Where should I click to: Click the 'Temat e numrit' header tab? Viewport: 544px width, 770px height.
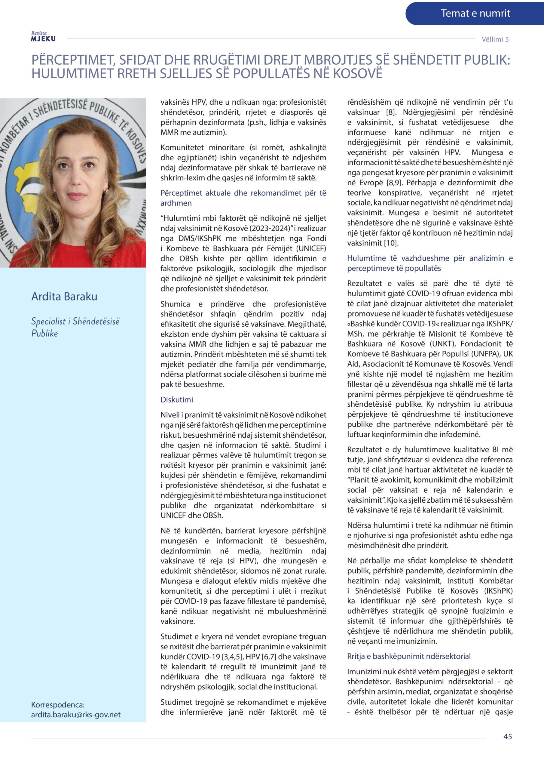pyautogui.click(x=475, y=14)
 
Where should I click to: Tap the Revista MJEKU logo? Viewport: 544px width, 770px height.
pyautogui.click(x=43, y=37)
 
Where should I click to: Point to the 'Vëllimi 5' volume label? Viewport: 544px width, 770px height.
pyautogui.click(x=495, y=39)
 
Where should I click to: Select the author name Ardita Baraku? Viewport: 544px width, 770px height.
pyautogui.click(x=64, y=297)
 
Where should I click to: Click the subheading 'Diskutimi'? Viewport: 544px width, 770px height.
pyautogui.click(x=177, y=399)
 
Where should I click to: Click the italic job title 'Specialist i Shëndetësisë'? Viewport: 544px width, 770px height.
pyautogui.click(x=75, y=321)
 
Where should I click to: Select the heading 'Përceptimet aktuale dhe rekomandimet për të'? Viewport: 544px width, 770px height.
pyautogui.click(x=243, y=193)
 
